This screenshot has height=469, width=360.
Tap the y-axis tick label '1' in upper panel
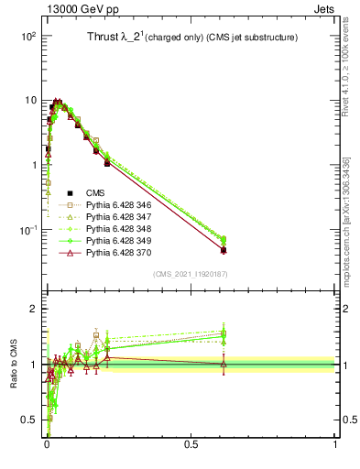pyautogui.click(x=32, y=165)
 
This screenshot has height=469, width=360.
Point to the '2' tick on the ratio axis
pyautogui.click(x=33, y=309)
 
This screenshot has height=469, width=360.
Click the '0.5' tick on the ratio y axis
pyautogui.click(x=27, y=420)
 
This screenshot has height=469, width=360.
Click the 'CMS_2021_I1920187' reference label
pyautogui.click(x=190, y=274)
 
